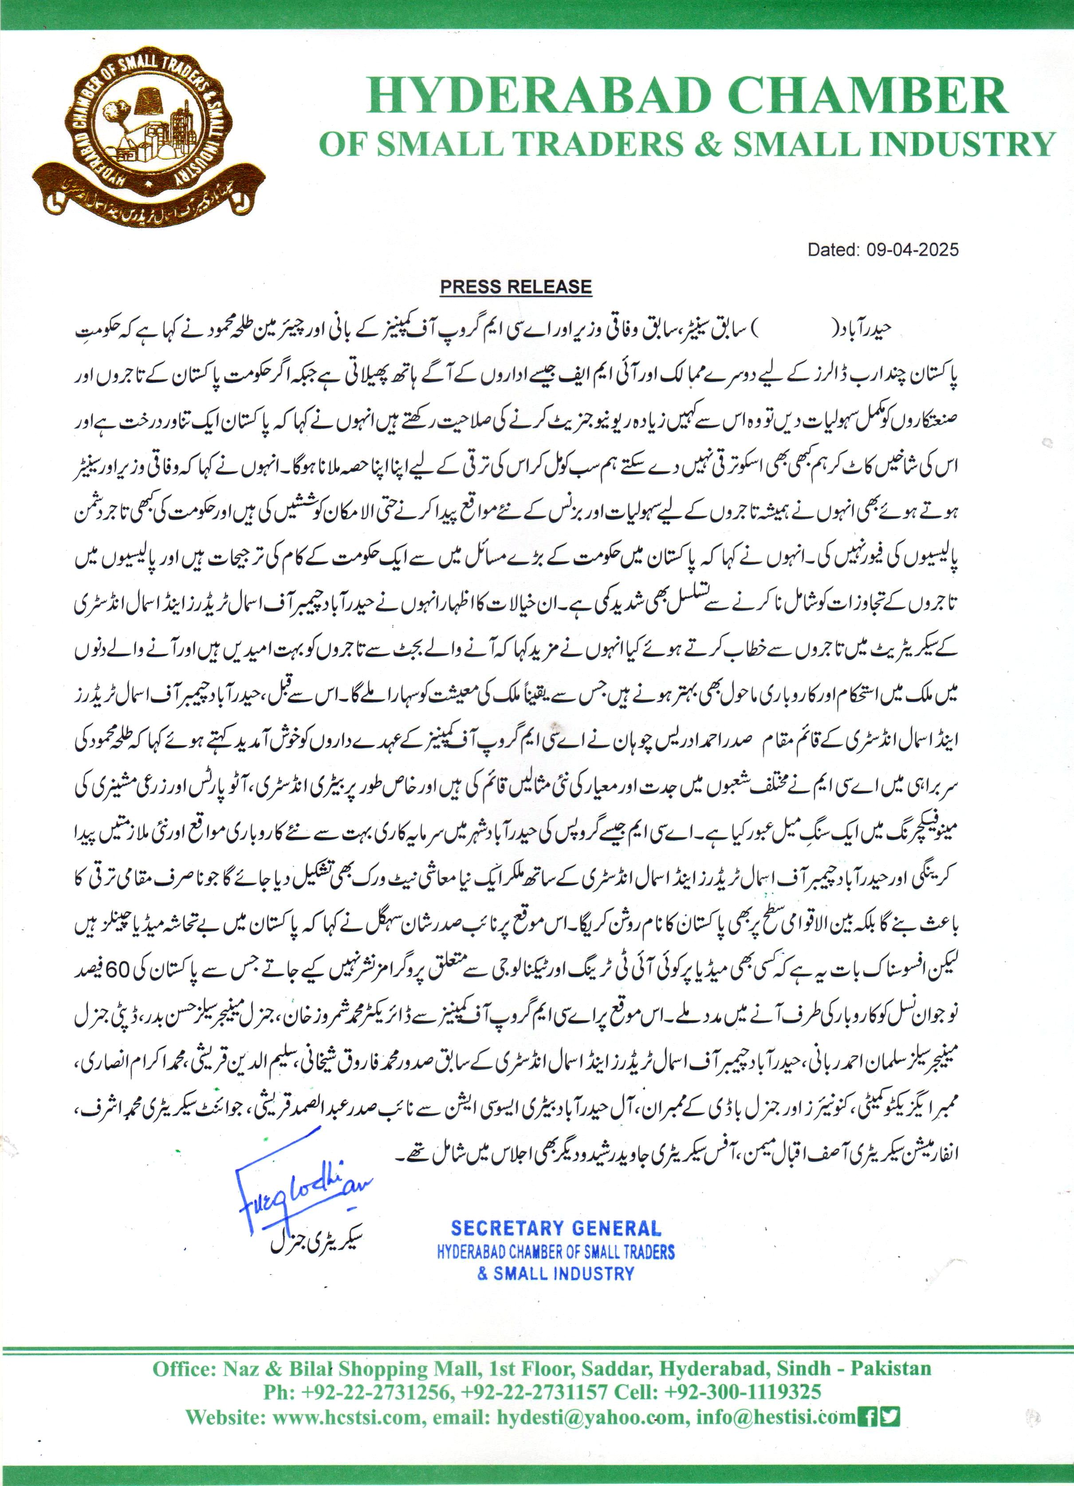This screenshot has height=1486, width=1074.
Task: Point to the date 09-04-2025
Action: tap(912, 250)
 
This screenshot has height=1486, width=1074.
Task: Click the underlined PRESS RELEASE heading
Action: tap(515, 287)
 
